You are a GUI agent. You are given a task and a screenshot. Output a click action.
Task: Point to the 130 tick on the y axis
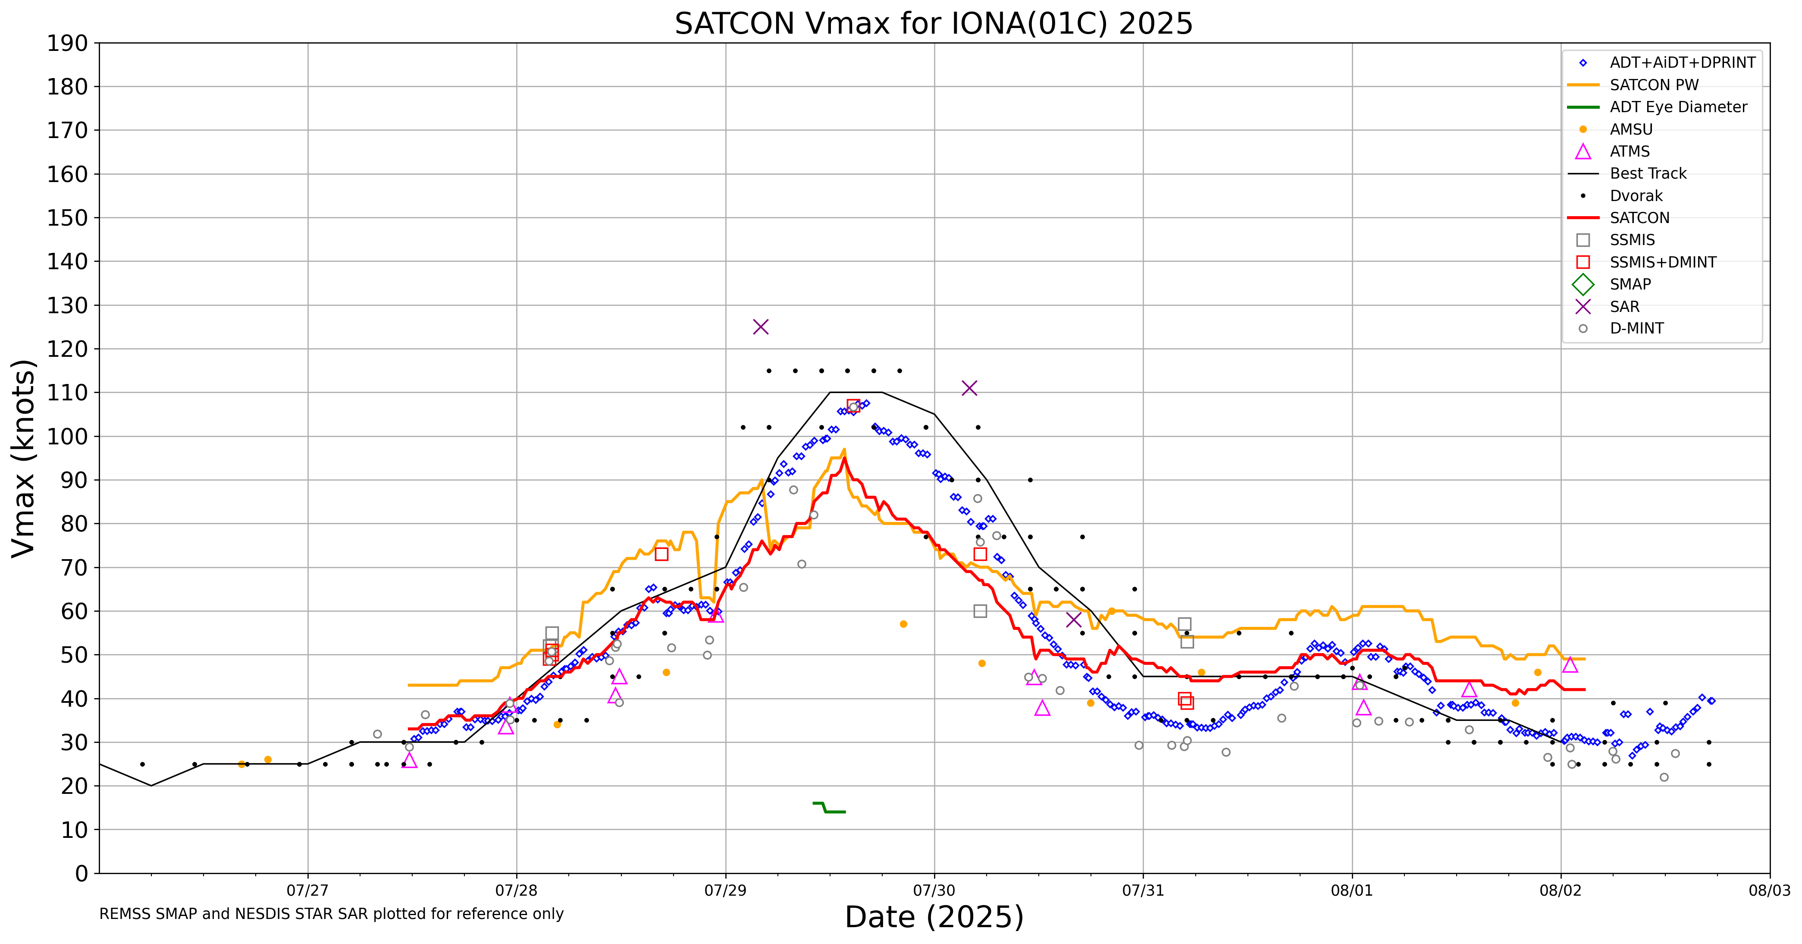pyautogui.click(x=67, y=305)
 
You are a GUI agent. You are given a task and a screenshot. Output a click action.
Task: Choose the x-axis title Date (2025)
pyautogui.click(x=934, y=917)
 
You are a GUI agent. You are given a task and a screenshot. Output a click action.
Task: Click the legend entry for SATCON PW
pyautogui.click(x=1654, y=85)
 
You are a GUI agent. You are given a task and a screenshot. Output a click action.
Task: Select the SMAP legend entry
pyautogui.click(x=1630, y=284)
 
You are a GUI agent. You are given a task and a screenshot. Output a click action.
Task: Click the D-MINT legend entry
pyautogui.click(x=1636, y=328)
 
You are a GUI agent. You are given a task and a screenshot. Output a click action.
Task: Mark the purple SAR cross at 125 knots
pyautogui.click(x=760, y=327)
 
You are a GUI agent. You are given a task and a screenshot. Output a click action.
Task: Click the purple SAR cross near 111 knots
pyautogui.click(x=969, y=388)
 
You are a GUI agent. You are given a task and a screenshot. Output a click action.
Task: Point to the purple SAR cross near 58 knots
pyautogui.click(x=1074, y=619)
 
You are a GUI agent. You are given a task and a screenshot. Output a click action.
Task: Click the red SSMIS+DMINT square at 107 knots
pyautogui.click(x=853, y=406)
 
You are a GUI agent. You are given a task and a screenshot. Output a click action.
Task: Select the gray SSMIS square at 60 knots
pyautogui.click(x=980, y=611)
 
